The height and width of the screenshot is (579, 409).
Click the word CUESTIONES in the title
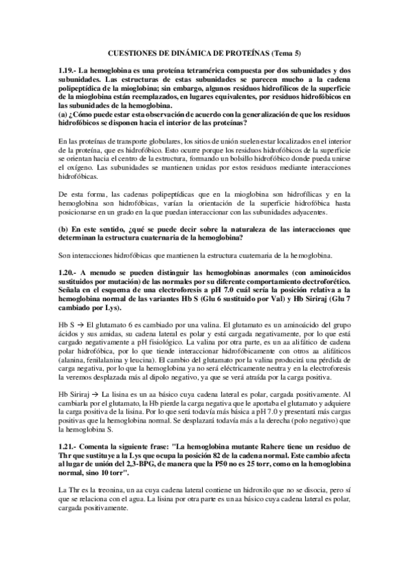pos(135,53)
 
